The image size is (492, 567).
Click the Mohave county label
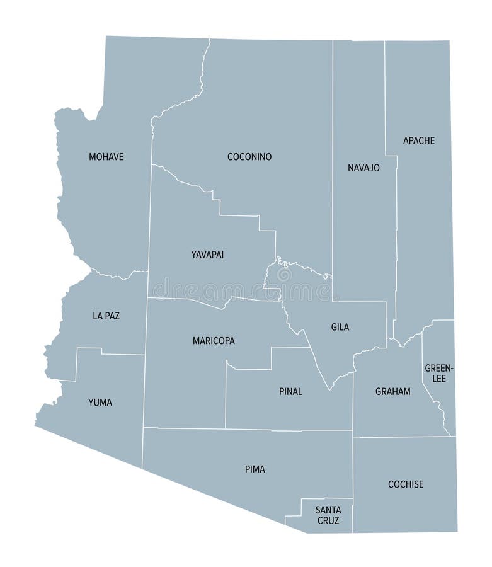(x=106, y=157)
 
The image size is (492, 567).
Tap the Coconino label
(x=249, y=157)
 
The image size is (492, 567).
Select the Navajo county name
(x=363, y=168)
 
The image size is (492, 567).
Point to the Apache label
(x=419, y=140)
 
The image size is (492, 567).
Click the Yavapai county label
(x=207, y=255)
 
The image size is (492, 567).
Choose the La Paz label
(x=106, y=316)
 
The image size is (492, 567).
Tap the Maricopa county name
(x=214, y=341)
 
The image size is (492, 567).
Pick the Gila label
(x=340, y=327)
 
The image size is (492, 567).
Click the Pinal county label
(x=290, y=391)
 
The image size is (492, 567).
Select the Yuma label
(x=100, y=402)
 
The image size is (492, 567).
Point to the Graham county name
(x=392, y=391)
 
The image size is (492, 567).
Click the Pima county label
(x=255, y=469)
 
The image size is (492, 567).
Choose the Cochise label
(x=406, y=484)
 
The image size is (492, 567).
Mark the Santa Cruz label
(x=328, y=515)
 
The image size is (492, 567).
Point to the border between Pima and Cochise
(x=353, y=479)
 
